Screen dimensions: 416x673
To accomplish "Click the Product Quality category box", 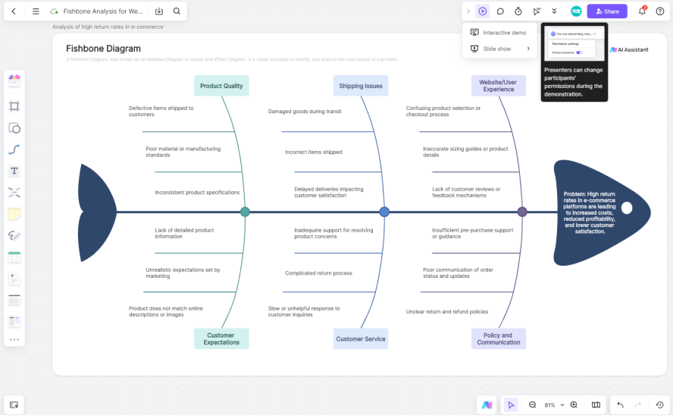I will [x=221, y=86].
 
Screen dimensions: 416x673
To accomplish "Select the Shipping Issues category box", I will [x=361, y=86].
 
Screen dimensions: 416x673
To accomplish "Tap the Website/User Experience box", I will [x=498, y=85].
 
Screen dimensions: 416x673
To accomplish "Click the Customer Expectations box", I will [x=221, y=339].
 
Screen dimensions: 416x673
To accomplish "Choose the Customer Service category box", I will [x=361, y=339].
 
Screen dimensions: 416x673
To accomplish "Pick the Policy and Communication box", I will [x=498, y=339].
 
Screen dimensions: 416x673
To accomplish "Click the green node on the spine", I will [x=245, y=213].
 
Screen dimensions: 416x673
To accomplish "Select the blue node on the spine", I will [x=384, y=213].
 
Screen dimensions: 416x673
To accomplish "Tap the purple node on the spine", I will [x=522, y=213].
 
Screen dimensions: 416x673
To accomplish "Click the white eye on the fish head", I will [x=627, y=207].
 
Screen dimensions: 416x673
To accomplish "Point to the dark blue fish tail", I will [x=94, y=213].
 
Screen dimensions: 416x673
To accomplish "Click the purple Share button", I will [x=607, y=11].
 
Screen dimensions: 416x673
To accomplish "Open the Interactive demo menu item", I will [x=504, y=33].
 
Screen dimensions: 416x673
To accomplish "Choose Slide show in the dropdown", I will [x=496, y=49].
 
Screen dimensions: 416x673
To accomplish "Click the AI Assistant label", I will [x=630, y=49].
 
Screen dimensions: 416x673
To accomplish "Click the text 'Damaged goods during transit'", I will [x=305, y=112].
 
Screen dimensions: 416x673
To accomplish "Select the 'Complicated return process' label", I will [x=318, y=273].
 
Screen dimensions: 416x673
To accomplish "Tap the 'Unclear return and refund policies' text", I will [x=447, y=311].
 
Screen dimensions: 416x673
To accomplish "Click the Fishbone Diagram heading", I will [x=103, y=49].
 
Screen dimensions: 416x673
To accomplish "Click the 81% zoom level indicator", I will [x=550, y=405].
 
